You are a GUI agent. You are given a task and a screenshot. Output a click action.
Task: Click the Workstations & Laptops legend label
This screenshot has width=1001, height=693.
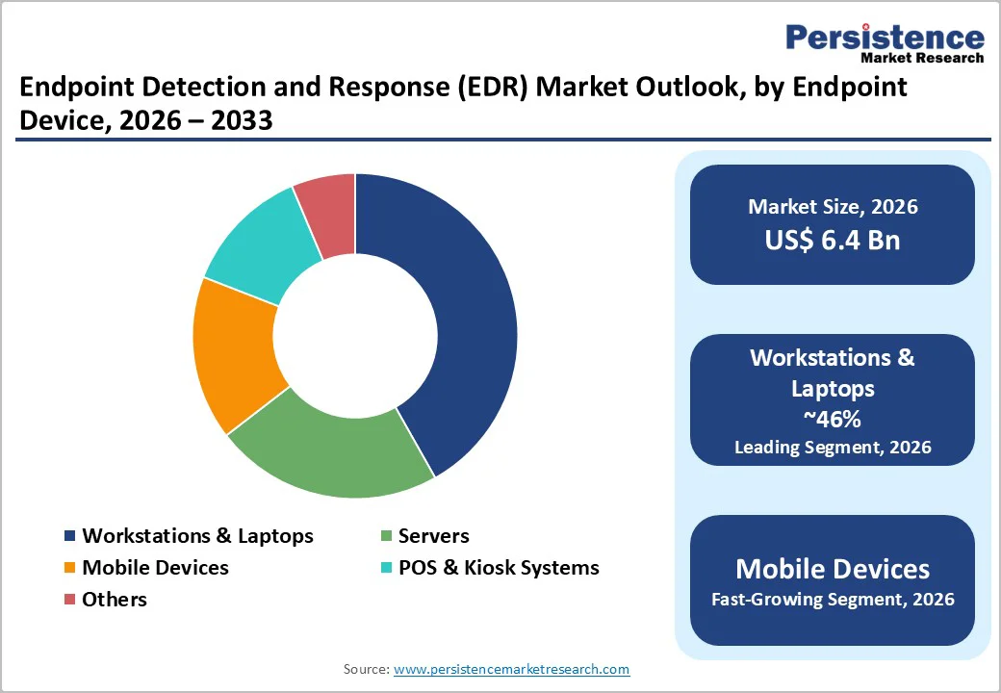(197, 536)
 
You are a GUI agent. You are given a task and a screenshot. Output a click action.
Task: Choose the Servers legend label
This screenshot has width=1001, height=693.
(433, 536)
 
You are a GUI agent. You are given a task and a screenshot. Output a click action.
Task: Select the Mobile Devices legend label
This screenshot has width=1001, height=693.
(155, 568)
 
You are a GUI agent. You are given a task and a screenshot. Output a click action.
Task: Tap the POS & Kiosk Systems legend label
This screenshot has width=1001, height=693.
(499, 568)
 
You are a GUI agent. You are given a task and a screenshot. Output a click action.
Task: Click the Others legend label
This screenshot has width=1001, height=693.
(115, 600)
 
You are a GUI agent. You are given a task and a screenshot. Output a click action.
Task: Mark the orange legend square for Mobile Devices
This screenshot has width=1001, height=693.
(69, 568)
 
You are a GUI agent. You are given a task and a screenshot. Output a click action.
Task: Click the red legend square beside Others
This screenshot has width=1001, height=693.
(69, 600)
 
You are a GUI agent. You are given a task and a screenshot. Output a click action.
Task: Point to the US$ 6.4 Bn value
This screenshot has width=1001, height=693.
(833, 240)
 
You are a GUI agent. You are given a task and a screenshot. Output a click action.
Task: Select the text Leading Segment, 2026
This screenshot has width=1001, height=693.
(833, 448)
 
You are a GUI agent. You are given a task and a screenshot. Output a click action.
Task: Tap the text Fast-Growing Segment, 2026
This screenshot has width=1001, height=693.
(833, 600)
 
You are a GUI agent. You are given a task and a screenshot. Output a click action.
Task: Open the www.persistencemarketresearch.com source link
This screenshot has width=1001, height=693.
(511, 669)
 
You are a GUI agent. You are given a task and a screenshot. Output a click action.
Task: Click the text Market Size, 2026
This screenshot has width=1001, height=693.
(833, 207)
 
